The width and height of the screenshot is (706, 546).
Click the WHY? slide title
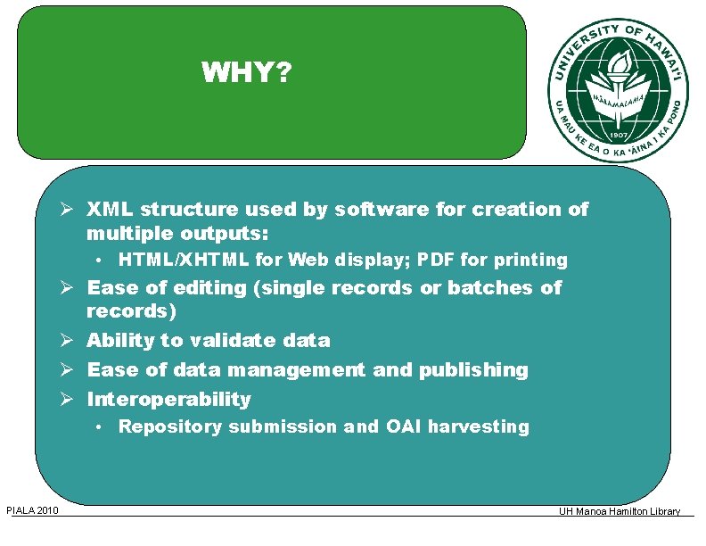click(x=246, y=71)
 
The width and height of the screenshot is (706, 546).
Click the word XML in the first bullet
click(x=111, y=210)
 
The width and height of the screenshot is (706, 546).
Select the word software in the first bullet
click(x=380, y=210)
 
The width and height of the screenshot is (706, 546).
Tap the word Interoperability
click(x=168, y=400)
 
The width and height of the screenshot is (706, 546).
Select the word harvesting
click(x=479, y=427)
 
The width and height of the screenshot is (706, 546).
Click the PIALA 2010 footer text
click(x=32, y=510)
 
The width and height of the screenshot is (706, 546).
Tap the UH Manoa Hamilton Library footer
click(x=620, y=511)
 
